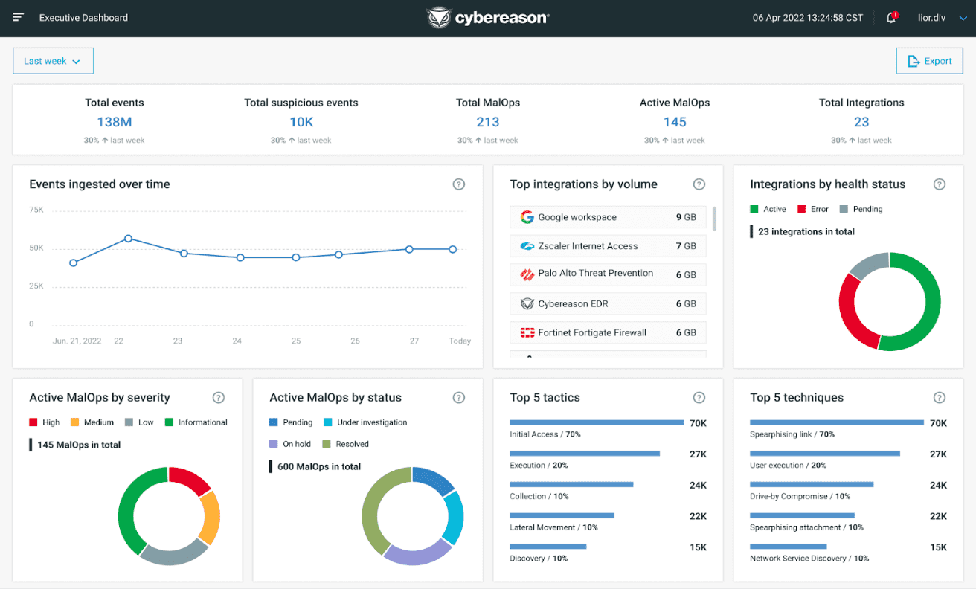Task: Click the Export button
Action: tap(929, 61)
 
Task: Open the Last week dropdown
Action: tap(53, 61)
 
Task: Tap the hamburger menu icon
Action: tap(19, 17)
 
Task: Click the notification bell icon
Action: tap(891, 18)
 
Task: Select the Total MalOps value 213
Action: tap(487, 122)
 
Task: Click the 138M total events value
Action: tap(114, 122)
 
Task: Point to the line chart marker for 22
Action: tap(128, 239)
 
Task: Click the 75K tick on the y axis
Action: tap(36, 210)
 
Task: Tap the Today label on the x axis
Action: tap(460, 341)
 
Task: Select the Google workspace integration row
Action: tap(607, 217)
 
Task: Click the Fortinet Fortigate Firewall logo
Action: tap(527, 332)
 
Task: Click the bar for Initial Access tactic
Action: tap(596, 422)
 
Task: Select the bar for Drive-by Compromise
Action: tap(811, 484)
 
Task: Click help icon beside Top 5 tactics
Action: tap(699, 398)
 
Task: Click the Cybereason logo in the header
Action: tap(487, 18)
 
